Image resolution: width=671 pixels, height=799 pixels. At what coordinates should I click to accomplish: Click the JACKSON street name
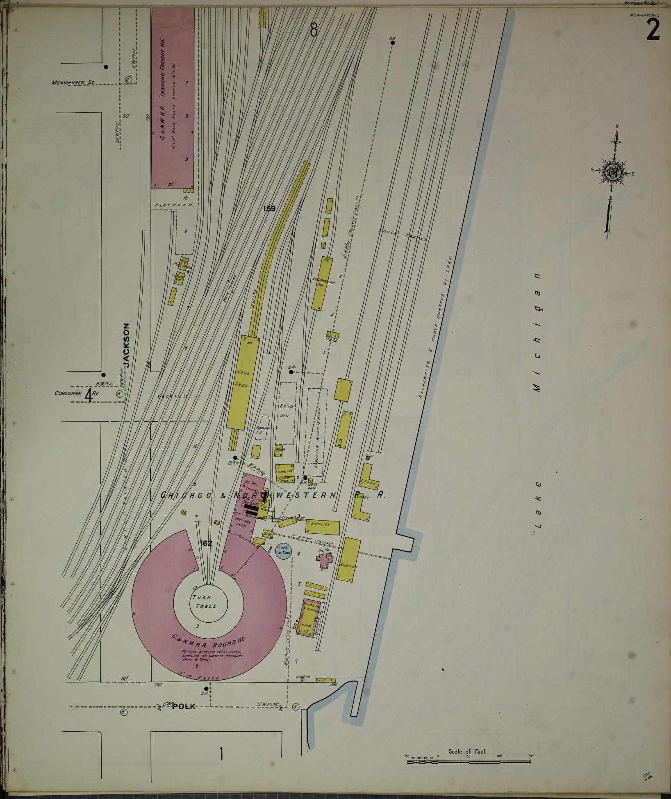127,345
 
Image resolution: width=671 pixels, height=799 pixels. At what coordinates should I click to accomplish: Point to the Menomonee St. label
73,82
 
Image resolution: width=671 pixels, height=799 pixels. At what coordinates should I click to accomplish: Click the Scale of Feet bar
468,762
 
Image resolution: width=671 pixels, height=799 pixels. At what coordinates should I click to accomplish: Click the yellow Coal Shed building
243,383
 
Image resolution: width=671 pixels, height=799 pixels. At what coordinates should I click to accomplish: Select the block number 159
269,209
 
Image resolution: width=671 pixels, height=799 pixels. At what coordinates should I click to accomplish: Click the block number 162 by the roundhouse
206,543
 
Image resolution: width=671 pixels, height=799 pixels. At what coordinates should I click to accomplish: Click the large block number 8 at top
314,30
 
